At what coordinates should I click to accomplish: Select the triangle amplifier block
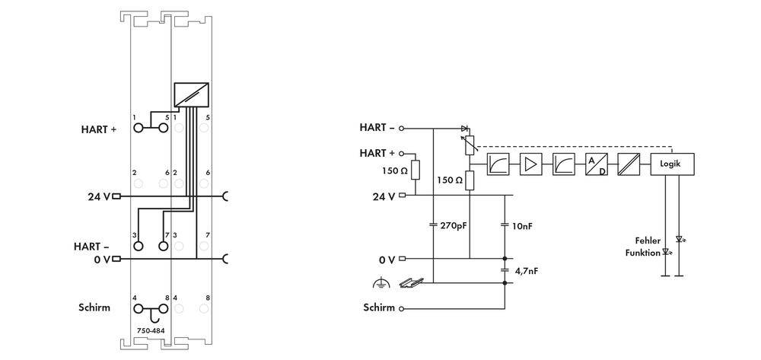click(x=530, y=164)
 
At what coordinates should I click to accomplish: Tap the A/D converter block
click(x=596, y=164)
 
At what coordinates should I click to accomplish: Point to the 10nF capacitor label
click(x=523, y=225)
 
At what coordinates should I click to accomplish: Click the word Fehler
click(x=647, y=241)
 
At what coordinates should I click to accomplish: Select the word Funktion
click(x=643, y=252)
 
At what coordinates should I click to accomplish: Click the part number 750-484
click(x=150, y=331)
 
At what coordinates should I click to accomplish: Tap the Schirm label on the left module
click(x=94, y=308)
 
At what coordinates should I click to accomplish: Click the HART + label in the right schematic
click(x=377, y=153)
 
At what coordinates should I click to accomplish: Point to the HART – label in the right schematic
click(x=377, y=128)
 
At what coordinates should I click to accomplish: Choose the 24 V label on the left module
click(x=98, y=196)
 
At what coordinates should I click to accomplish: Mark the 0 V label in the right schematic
click(x=387, y=260)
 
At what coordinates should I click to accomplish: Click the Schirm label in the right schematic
click(x=379, y=308)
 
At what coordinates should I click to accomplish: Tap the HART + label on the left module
click(x=99, y=129)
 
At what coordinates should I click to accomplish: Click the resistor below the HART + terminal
click(x=415, y=170)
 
